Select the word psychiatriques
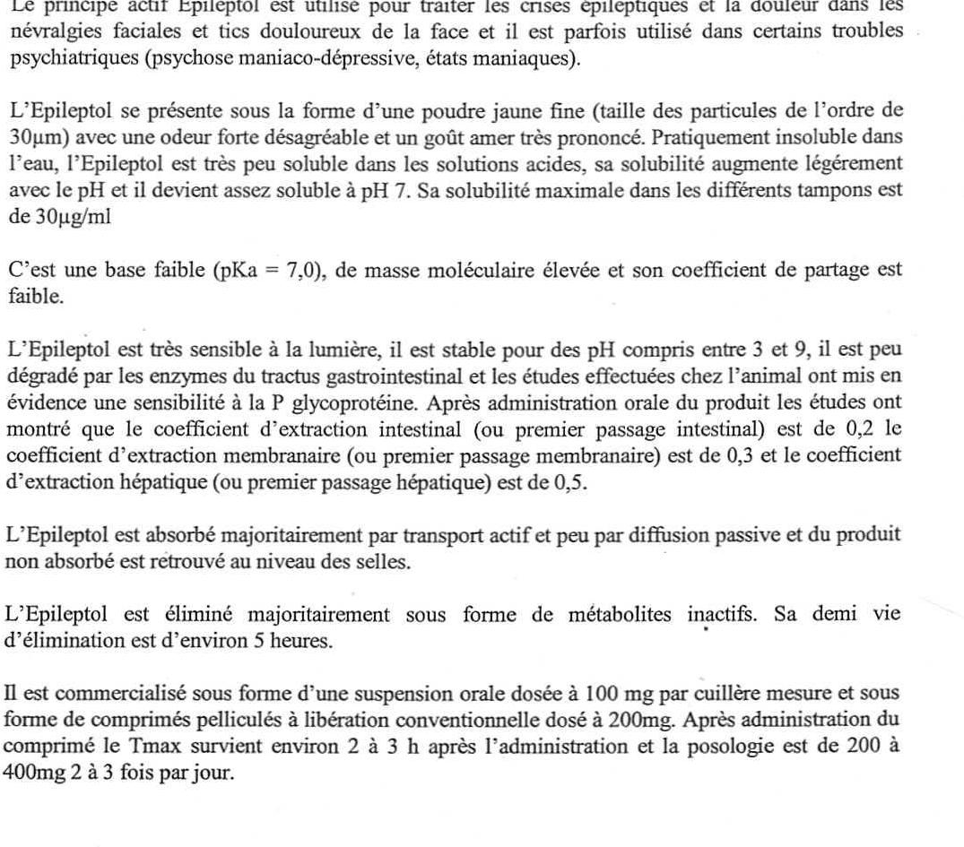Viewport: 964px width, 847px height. tap(64, 60)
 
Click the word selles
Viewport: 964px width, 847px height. tap(387, 562)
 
